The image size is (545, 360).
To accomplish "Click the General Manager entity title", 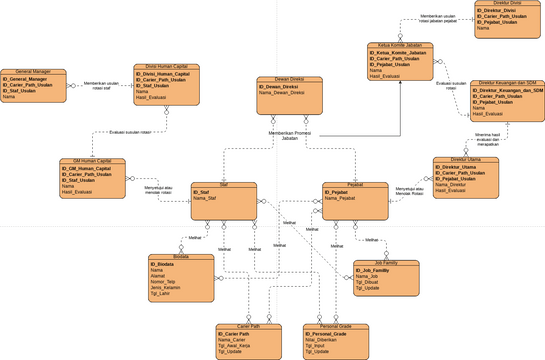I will click(33, 72).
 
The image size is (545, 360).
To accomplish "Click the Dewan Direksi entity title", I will click(289, 79).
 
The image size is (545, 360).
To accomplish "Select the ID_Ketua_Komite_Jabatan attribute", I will click(398, 53).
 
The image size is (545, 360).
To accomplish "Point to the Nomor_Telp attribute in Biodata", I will click(164, 281).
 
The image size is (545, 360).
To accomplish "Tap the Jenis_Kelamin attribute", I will click(165, 287).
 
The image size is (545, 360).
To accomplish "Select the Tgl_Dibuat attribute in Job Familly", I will click(370, 281).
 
